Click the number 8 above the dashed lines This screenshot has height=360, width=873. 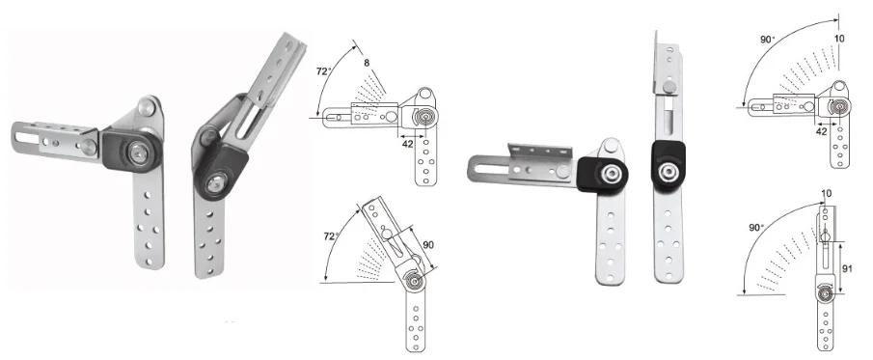point(367,63)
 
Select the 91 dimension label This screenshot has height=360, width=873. point(847,268)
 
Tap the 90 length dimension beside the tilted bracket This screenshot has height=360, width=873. point(428,244)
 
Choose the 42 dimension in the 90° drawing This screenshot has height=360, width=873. point(821,131)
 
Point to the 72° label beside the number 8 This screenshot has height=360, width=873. point(324,71)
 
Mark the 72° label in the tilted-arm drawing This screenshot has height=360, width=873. point(331,236)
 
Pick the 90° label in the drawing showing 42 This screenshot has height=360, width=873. point(768,40)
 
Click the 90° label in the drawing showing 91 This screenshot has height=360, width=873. point(756,228)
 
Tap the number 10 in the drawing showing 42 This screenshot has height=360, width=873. point(839,39)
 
